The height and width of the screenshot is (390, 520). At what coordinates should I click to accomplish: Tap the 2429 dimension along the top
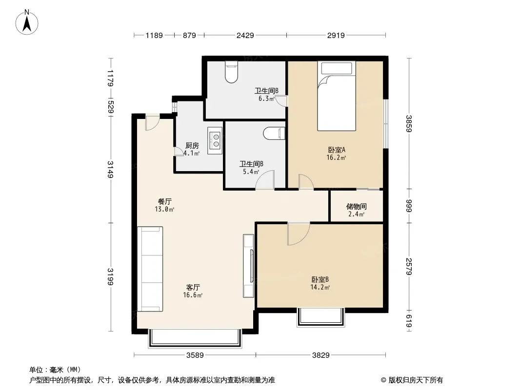tap(245, 35)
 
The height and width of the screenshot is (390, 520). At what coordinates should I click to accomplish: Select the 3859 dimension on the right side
tap(409, 123)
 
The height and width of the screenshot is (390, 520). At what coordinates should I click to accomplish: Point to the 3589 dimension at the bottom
tap(195, 355)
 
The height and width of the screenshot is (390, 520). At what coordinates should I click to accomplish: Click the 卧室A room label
tap(336, 150)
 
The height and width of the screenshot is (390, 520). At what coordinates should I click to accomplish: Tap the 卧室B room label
tap(320, 280)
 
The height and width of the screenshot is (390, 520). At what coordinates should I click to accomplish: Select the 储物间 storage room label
tap(357, 206)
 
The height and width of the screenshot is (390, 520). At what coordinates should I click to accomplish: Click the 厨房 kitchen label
tap(192, 145)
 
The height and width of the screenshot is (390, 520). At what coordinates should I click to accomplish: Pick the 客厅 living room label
tap(193, 287)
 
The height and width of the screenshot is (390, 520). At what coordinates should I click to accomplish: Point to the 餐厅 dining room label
tap(164, 201)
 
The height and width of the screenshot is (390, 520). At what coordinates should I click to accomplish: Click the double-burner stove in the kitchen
tap(215, 140)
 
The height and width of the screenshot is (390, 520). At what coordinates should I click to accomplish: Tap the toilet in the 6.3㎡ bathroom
tap(232, 72)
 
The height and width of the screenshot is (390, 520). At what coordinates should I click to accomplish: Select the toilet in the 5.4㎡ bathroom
tap(274, 134)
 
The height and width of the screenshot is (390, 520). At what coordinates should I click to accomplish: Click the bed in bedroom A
tap(336, 96)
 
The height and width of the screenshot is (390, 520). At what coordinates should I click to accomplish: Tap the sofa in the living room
tap(150, 269)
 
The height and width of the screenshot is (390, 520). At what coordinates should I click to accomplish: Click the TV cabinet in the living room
tap(248, 266)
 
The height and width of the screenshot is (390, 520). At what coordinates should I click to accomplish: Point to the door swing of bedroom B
tap(299, 234)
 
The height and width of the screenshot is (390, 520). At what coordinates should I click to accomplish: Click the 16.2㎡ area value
tap(336, 158)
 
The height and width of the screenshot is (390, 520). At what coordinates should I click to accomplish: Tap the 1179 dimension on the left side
tap(111, 78)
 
